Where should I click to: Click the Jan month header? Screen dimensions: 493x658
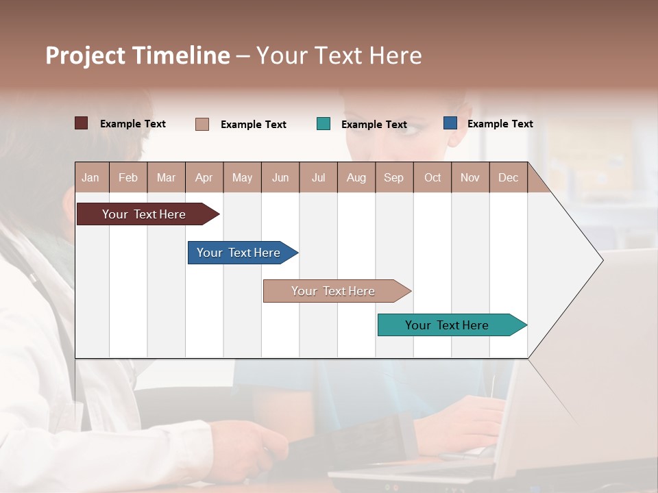point(91,177)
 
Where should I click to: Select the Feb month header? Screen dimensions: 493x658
point(128,177)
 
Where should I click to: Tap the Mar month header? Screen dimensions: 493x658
point(166,177)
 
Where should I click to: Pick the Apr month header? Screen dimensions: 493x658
point(204,177)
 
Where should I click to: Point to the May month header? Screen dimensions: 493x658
point(242,177)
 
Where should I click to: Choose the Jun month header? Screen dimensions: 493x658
point(280,177)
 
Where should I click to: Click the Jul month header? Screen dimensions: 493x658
point(318,177)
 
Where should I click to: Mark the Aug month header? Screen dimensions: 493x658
point(356,177)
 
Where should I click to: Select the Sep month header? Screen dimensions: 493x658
point(394,177)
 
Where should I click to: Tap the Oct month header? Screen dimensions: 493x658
point(432,177)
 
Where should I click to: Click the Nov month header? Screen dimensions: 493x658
point(470,177)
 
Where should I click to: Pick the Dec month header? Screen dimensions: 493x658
point(509,177)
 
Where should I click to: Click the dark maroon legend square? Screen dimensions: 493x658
point(82,123)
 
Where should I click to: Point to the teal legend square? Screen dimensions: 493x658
point(324,124)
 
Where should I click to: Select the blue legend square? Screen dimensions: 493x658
point(450,123)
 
